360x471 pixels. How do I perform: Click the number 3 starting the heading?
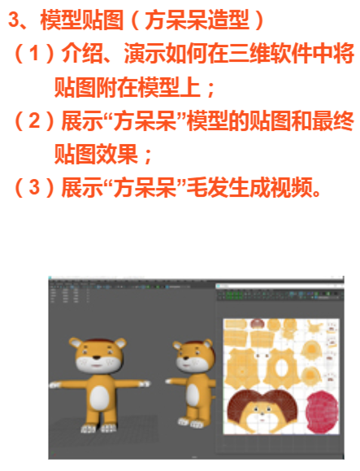(14, 20)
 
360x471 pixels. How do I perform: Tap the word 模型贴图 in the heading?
(81, 20)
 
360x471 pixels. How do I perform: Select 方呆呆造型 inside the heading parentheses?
(197, 20)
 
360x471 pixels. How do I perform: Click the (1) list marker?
(34, 53)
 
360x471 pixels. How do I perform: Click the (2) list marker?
(34, 120)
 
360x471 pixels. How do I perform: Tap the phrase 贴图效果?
(96, 154)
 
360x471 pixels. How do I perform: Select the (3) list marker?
(34, 187)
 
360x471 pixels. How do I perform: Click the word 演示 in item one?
(145, 53)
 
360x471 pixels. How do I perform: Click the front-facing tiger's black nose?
(97, 357)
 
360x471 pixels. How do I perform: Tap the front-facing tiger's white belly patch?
(99, 398)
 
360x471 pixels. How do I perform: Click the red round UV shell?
(322, 412)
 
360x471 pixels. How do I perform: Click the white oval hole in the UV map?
(281, 369)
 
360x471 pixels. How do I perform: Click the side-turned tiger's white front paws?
(190, 423)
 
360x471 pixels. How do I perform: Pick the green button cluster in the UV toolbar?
(234, 295)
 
